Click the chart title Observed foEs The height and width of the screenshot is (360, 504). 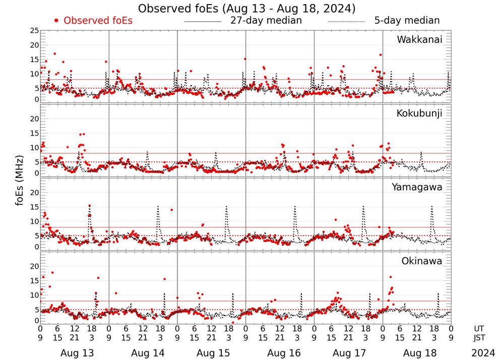coord(246,9)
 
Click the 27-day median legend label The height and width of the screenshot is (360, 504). coord(266,21)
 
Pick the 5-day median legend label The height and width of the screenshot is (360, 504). coord(407,21)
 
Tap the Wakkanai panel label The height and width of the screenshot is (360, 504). coord(419,40)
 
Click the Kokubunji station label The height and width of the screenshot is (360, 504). coord(419,113)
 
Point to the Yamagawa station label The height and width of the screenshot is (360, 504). coord(417,187)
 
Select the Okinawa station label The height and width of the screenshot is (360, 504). coord(422,261)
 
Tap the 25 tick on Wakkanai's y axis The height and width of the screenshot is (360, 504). coord(34,31)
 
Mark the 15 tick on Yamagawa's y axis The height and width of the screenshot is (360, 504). coord(34,206)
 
